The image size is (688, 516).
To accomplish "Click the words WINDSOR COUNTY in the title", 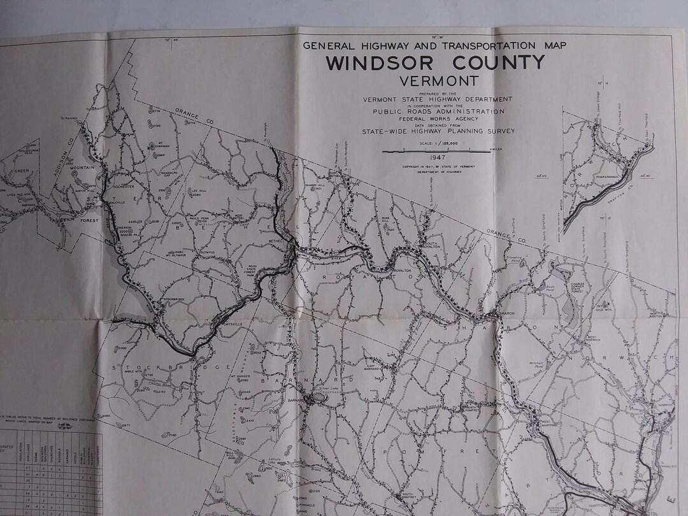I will click(436, 64).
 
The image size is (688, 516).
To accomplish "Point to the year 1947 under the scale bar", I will click(436, 157).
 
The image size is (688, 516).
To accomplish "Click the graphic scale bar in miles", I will click(436, 150).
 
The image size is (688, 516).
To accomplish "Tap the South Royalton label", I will click(431, 244).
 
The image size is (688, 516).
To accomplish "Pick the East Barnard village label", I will click(373, 368).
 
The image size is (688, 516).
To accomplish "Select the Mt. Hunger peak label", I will click(238, 376).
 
